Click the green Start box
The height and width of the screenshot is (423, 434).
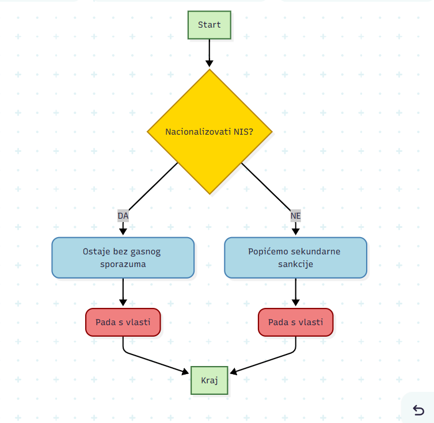coord(210,25)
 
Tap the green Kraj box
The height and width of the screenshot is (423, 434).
coord(210,380)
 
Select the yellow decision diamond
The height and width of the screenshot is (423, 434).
coord(210,132)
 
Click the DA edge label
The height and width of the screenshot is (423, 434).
coord(123,216)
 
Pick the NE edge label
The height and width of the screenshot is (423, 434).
coord(296,216)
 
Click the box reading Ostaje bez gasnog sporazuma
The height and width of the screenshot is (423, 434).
coord(123,258)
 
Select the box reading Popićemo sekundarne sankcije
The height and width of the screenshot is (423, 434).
coord(296,258)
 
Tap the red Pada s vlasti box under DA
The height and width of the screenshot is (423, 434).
coord(123,322)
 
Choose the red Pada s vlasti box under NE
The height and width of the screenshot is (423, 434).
coord(296,322)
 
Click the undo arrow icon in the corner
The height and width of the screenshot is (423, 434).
coord(418,410)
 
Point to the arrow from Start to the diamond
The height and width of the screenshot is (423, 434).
coord(210,53)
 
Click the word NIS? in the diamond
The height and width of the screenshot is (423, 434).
coord(243,132)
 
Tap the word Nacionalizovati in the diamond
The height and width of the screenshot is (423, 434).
coord(198,132)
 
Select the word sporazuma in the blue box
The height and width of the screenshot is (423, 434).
coord(123,264)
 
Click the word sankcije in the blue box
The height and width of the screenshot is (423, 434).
coord(296,264)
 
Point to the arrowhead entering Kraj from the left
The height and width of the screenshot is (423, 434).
coord(185,372)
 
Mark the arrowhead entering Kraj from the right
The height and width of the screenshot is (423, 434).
coord(233,372)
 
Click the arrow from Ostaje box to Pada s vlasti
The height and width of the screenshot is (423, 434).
coord(123,292)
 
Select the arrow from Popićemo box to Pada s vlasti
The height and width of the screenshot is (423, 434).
coord(296,292)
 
